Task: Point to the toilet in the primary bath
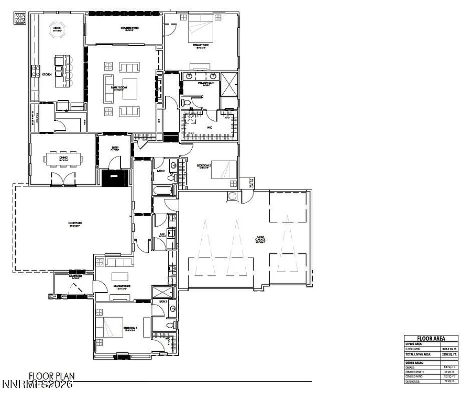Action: click(x=187, y=101)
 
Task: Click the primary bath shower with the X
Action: click(x=229, y=84)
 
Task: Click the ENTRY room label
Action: click(x=115, y=148)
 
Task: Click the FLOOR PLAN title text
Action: click(x=51, y=376)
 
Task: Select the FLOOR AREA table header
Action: click(x=431, y=338)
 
